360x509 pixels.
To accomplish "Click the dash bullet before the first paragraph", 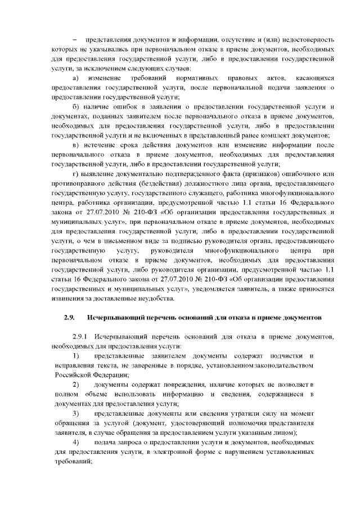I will click(x=74, y=40).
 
